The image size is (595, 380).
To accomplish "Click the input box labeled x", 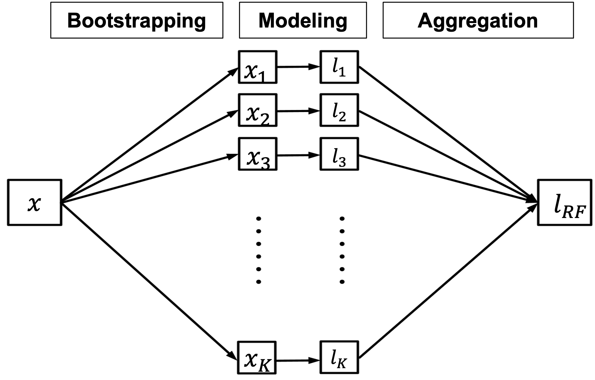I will coord(34,203).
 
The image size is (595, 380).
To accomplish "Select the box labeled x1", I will coord(258,67).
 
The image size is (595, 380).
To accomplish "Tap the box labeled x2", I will coord(258,110).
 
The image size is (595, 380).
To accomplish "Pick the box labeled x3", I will coord(258,154).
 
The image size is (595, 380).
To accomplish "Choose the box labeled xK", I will coord(257,358).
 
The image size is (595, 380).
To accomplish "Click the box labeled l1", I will coord(339,67).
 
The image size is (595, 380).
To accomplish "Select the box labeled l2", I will coord(339,110).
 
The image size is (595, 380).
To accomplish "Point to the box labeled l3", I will coord(339,154).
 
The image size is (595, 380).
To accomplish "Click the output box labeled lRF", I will coord(565,203).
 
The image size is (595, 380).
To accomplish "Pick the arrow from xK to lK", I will coord(297,360).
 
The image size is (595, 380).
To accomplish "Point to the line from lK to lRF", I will coord(448,282).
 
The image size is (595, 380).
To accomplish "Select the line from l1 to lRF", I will coord(448,134).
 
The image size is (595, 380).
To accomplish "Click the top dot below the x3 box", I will coord(259,219).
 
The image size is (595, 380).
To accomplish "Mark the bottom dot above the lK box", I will coord(342,282).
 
